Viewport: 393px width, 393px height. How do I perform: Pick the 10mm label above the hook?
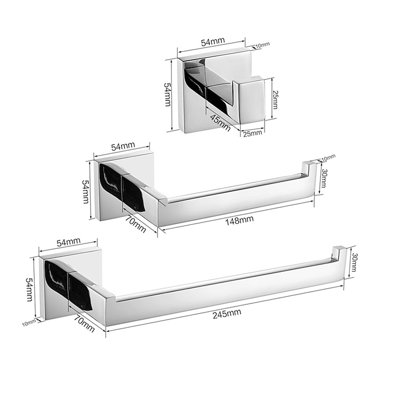pos(263,46)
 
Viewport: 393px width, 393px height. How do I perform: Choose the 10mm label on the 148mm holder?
pos(328,157)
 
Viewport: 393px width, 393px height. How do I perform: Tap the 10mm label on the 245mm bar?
pos(30,322)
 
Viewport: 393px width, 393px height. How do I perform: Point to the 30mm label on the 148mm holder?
pos(323,179)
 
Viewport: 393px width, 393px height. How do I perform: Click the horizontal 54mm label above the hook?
pos(211,42)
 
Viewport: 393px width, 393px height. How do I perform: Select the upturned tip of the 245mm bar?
pos(338,252)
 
